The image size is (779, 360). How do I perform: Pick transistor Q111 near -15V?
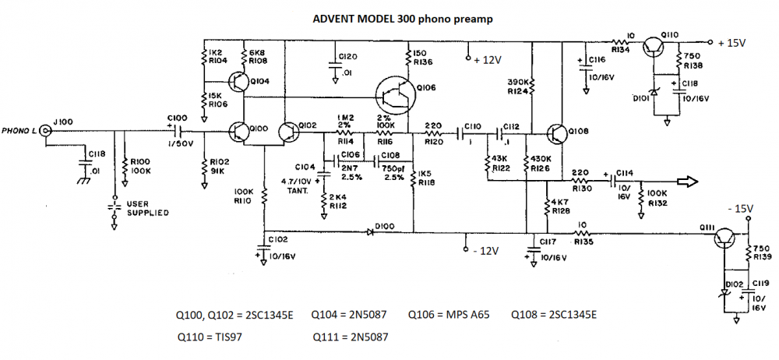(x=725, y=235)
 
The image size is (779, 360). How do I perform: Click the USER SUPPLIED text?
(x=148, y=208)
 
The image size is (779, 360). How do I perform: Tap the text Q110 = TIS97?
(x=215, y=337)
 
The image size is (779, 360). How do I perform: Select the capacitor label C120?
(x=348, y=57)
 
